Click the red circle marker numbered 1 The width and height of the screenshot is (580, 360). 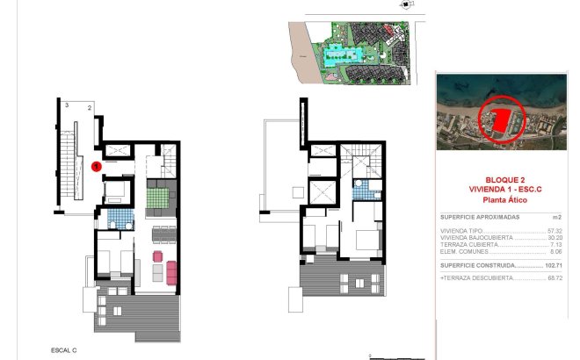pyautogui.click(x=98, y=164)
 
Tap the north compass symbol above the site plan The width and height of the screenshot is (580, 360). pyautogui.click(x=403, y=5)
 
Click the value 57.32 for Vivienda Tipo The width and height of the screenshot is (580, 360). pyautogui.click(x=554, y=230)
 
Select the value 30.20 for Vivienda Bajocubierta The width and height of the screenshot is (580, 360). pyautogui.click(x=554, y=237)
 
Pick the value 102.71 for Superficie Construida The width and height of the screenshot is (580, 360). pyautogui.click(x=552, y=264)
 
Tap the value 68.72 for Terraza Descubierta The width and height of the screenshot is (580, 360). pyautogui.click(x=554, y=277)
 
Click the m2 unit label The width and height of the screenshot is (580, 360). pyautogui.click(x=556, y=216)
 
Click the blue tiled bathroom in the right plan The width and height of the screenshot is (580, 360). pyautogui.click(x=360, y=187)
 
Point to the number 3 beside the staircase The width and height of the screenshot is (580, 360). pyautogui.click(x=67, y=105)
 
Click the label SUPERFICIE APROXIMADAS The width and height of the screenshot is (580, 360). pyautogui.click(x=480, y=216)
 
